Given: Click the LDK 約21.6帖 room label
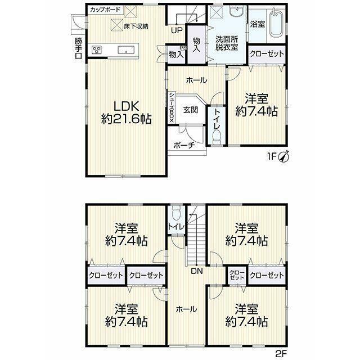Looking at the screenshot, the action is (x=126, y=112).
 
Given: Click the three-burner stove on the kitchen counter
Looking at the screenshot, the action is (x=97, y=50).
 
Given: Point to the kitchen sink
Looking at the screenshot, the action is (x=126, y=50).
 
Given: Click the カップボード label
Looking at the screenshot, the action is (x=105, y=10).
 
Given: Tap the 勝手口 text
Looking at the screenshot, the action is (x=78, y=48).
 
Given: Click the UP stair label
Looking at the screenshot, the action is (x=177, y=30).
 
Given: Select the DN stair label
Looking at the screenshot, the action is (x=197, y=271).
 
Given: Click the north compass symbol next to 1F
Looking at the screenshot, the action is (x=283, y=156).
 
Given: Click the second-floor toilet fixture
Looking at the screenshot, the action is (x=177, y=211).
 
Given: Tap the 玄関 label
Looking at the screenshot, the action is (x=191, y=110).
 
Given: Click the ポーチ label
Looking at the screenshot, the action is (x=184, y=145).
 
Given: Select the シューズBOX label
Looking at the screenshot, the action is (x=172, y=107).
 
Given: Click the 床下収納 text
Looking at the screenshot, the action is (x=136, y=26).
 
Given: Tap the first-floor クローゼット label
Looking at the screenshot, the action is (x=267, y=54).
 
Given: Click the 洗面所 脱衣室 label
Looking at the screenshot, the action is (x=226, y=43).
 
